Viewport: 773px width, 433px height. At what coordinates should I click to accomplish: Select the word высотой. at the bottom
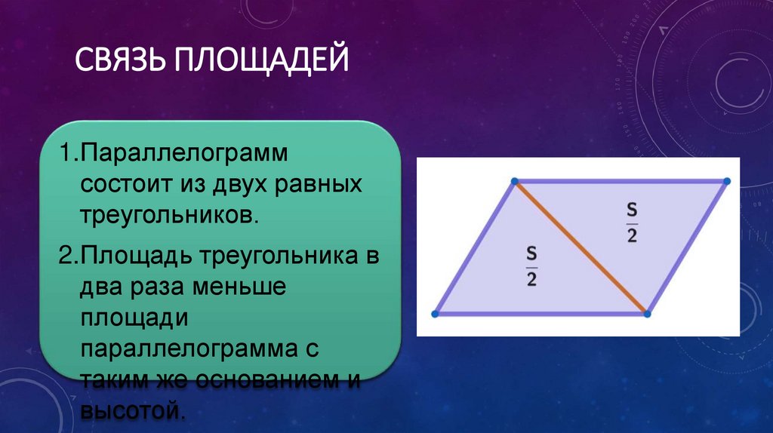tap(133, 412)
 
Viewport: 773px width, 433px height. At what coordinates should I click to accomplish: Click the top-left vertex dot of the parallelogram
tap(513, 181)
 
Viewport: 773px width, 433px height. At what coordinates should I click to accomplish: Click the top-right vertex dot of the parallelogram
tap(727, 181)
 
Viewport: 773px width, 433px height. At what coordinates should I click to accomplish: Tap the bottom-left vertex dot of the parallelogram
tap(435, 313)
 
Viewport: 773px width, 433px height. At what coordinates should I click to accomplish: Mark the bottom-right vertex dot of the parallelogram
tap(647, 312)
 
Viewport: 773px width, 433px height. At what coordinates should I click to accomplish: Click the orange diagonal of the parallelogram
tap(580, 247)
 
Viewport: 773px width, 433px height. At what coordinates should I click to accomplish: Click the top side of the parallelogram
tap(619, 181)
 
